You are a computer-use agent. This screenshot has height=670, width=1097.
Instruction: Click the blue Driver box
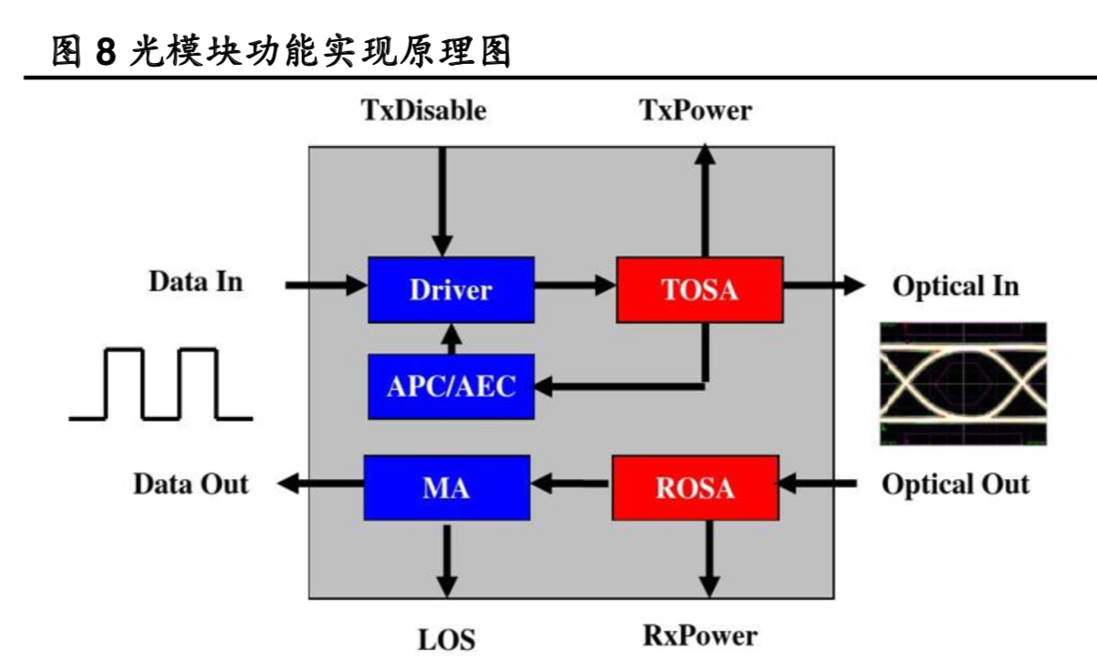[x=451, y=289]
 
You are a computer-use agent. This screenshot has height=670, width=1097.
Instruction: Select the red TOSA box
[x=699, y=289]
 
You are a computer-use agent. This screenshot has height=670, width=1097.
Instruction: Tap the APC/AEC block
[x=451, y=386]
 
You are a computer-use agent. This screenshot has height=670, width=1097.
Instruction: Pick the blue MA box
[x=446, y=488]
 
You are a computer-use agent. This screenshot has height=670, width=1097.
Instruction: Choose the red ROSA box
[x=695, y=488]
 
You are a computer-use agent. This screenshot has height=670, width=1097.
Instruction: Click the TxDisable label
[x=424, y=110]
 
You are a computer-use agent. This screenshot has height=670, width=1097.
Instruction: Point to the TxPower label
[x=695, y=110]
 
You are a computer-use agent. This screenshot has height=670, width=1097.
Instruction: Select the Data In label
[x=196, y=282]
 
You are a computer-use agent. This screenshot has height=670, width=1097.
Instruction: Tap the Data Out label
[x=191, y=484]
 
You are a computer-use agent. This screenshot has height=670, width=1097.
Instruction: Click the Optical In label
[x=956, y=286]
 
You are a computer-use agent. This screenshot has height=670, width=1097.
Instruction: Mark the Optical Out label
[x=955, y=484]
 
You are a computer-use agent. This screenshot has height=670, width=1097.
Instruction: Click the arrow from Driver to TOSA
[x=575, y=286]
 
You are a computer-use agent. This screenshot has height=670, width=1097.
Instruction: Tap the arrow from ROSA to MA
[x=570, y=487]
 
